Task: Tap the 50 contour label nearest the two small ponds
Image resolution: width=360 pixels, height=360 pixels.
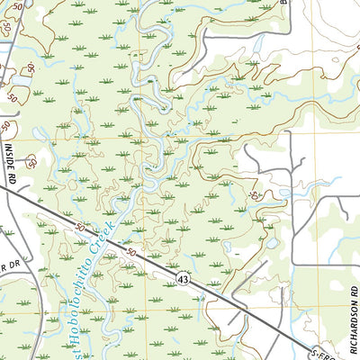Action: (x=257, y=195)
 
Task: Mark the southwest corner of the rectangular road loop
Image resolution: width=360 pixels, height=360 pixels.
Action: (x=292, y=265)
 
